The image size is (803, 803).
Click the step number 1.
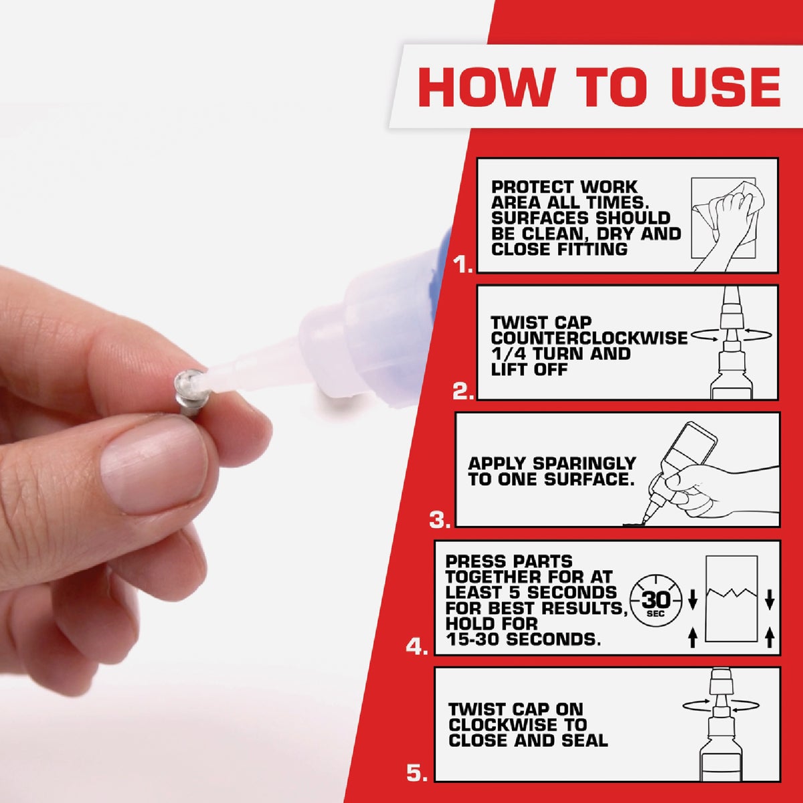click(x=462, y=266)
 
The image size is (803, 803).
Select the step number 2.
click(x=462, y=392)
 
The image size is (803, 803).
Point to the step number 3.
click(x=440, y=519)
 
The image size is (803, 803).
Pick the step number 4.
click(x=416, y=646)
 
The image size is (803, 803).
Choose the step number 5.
click(x=416, y=774)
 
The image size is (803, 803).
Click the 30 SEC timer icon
click(x=656, y=599)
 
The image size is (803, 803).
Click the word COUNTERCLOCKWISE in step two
click(x=589, y=338)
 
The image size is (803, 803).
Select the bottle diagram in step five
click(x=721, y=726)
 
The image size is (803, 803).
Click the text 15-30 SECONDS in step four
click(x=523, y=639)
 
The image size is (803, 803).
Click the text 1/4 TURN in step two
click(x=533, y=353)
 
